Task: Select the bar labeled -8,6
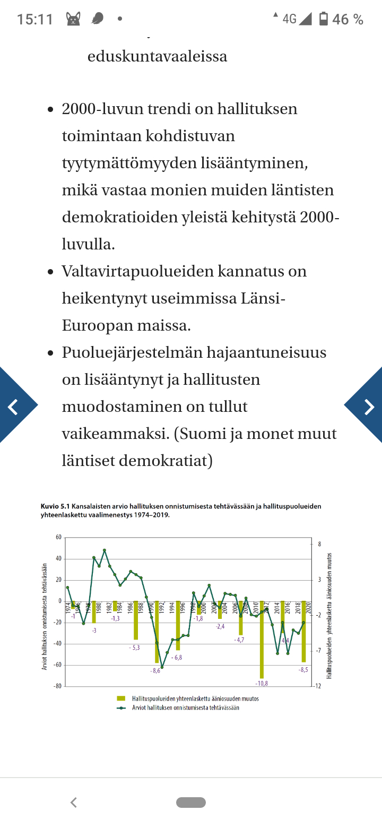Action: click(x=157, y=632)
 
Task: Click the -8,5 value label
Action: click(x=303, y=670)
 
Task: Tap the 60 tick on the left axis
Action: click(x=58, y=538)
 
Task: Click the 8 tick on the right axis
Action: click(x=319, y=545)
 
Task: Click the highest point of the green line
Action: click(x=105, y=550)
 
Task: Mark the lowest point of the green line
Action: click(x=162, y=667)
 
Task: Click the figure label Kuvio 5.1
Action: click(x=55, y=506)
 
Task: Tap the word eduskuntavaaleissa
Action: click(x=157, y=56)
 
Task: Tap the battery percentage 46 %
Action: click(x=348, y=20)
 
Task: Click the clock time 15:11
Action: click(x=35, y=20)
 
